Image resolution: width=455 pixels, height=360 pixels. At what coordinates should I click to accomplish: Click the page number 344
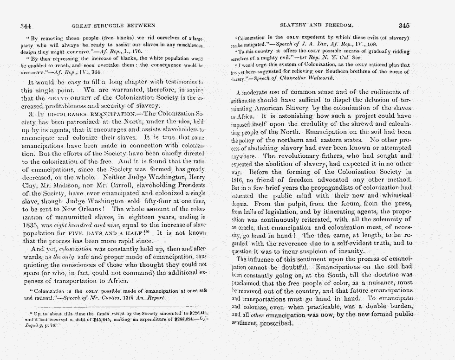(x=26, y=25)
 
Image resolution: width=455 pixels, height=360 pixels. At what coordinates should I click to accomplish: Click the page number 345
(x=404, y=25)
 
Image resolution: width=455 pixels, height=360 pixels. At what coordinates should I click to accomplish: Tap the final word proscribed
(x=278, y=323)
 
